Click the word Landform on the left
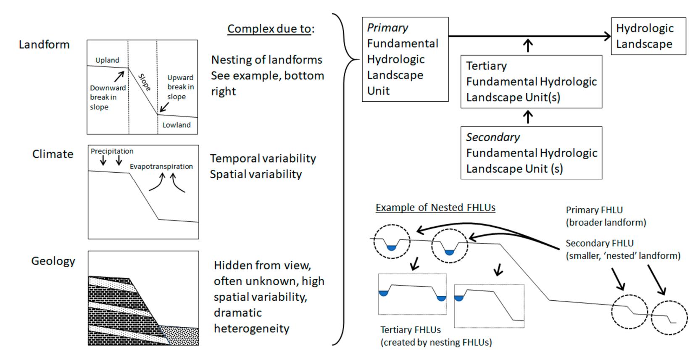[x=44, y=45]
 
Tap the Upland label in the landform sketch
[x=107, y=60]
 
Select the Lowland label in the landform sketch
[x=176, y=125]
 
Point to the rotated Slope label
[x=145, y=82]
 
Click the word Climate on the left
[x=53, y=154]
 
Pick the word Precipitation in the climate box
[x=112, y=151]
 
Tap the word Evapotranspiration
[x=161, y=167]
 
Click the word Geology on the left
[x=53, y=261]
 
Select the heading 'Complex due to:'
[x=271, y=29]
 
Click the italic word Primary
[x=387, y=28]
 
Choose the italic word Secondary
[x=493, y=137]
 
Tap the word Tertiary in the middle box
[x=487, y=66]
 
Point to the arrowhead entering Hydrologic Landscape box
[x=608, y=36]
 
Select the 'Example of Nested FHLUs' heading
[x=435, y=208]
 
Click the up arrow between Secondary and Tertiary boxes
[x=527, y=117]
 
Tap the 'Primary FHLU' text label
[x=594, y=210]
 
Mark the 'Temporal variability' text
[x=263, y=158]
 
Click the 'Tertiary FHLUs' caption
[x=411, y=330]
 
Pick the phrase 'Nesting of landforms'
[x=266, y=60]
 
